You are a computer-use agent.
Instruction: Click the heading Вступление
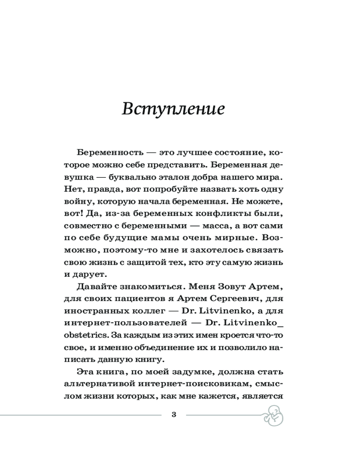[x=173, y=109]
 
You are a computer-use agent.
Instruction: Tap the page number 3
[x=174, y=414]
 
